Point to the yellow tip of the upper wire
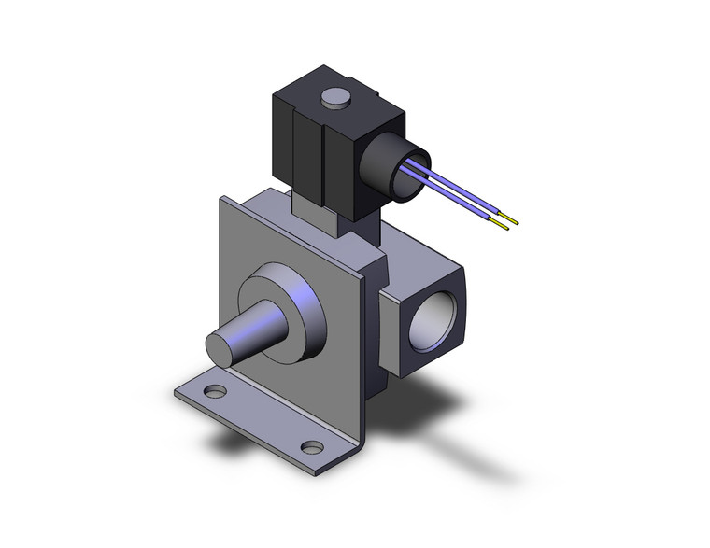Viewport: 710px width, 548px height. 510,221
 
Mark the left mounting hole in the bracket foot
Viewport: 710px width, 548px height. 215,393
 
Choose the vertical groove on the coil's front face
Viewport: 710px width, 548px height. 322,159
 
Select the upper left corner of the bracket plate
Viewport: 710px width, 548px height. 224,201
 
